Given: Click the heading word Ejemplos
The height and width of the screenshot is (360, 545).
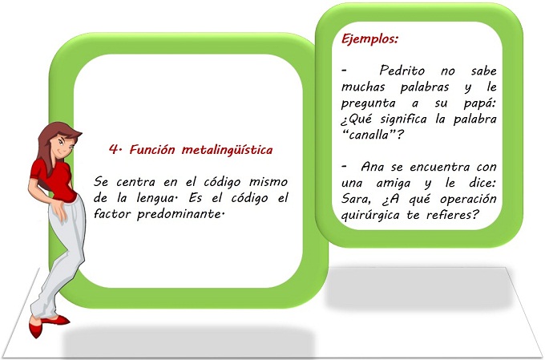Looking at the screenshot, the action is point(369,39).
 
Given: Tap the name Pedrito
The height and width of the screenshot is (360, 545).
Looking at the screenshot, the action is point(402,71).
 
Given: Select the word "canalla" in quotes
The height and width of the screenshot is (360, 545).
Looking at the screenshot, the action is point(369,135).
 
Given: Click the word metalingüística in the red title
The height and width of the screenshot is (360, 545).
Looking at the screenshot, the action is point(227,150).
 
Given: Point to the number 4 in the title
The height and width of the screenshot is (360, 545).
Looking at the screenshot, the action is point(114,149).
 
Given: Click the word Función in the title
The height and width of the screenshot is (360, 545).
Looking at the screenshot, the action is point(152,150).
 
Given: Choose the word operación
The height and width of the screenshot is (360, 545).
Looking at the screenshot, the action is point(468,200).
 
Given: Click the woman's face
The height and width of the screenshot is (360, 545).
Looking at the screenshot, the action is point(63,144).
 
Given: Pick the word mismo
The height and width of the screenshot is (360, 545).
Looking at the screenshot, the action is point(268,182).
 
